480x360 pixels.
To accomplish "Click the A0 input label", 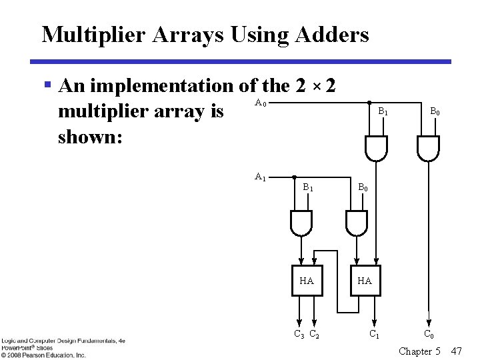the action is coord(261,103).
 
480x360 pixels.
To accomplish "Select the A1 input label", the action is coord(261,177).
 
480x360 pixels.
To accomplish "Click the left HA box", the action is coord(307,281).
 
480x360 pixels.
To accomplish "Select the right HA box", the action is coord(364,281).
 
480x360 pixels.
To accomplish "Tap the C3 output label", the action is coord(299,334).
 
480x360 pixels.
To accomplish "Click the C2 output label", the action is coord(314,334).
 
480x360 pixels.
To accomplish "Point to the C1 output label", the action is coord(375,334).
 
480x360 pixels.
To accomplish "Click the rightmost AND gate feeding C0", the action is coord(427,147).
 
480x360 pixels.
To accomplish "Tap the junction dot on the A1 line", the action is coord(295,177).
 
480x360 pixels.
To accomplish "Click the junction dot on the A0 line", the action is coord(370,103).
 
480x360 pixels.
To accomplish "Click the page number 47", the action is coord(456,351).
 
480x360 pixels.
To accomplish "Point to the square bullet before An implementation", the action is coord(47,85).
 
